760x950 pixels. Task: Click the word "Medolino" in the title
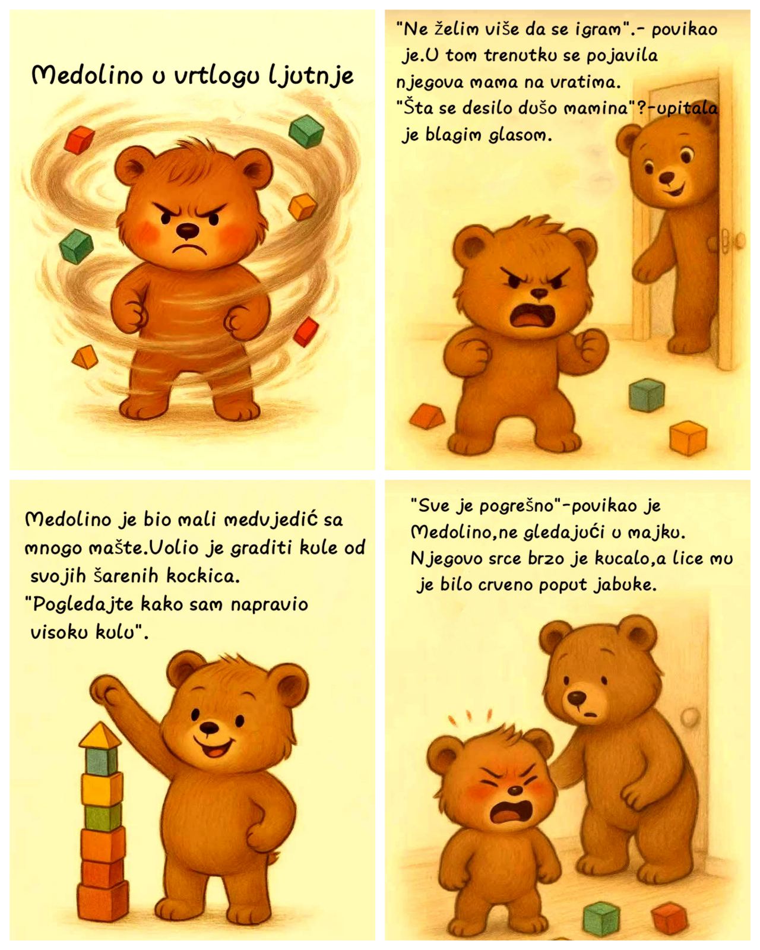coord(87,76)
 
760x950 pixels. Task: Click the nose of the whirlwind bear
coord(188,230)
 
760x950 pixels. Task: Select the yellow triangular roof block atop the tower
coord(100,734)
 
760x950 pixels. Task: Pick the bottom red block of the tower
coord(103,899)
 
